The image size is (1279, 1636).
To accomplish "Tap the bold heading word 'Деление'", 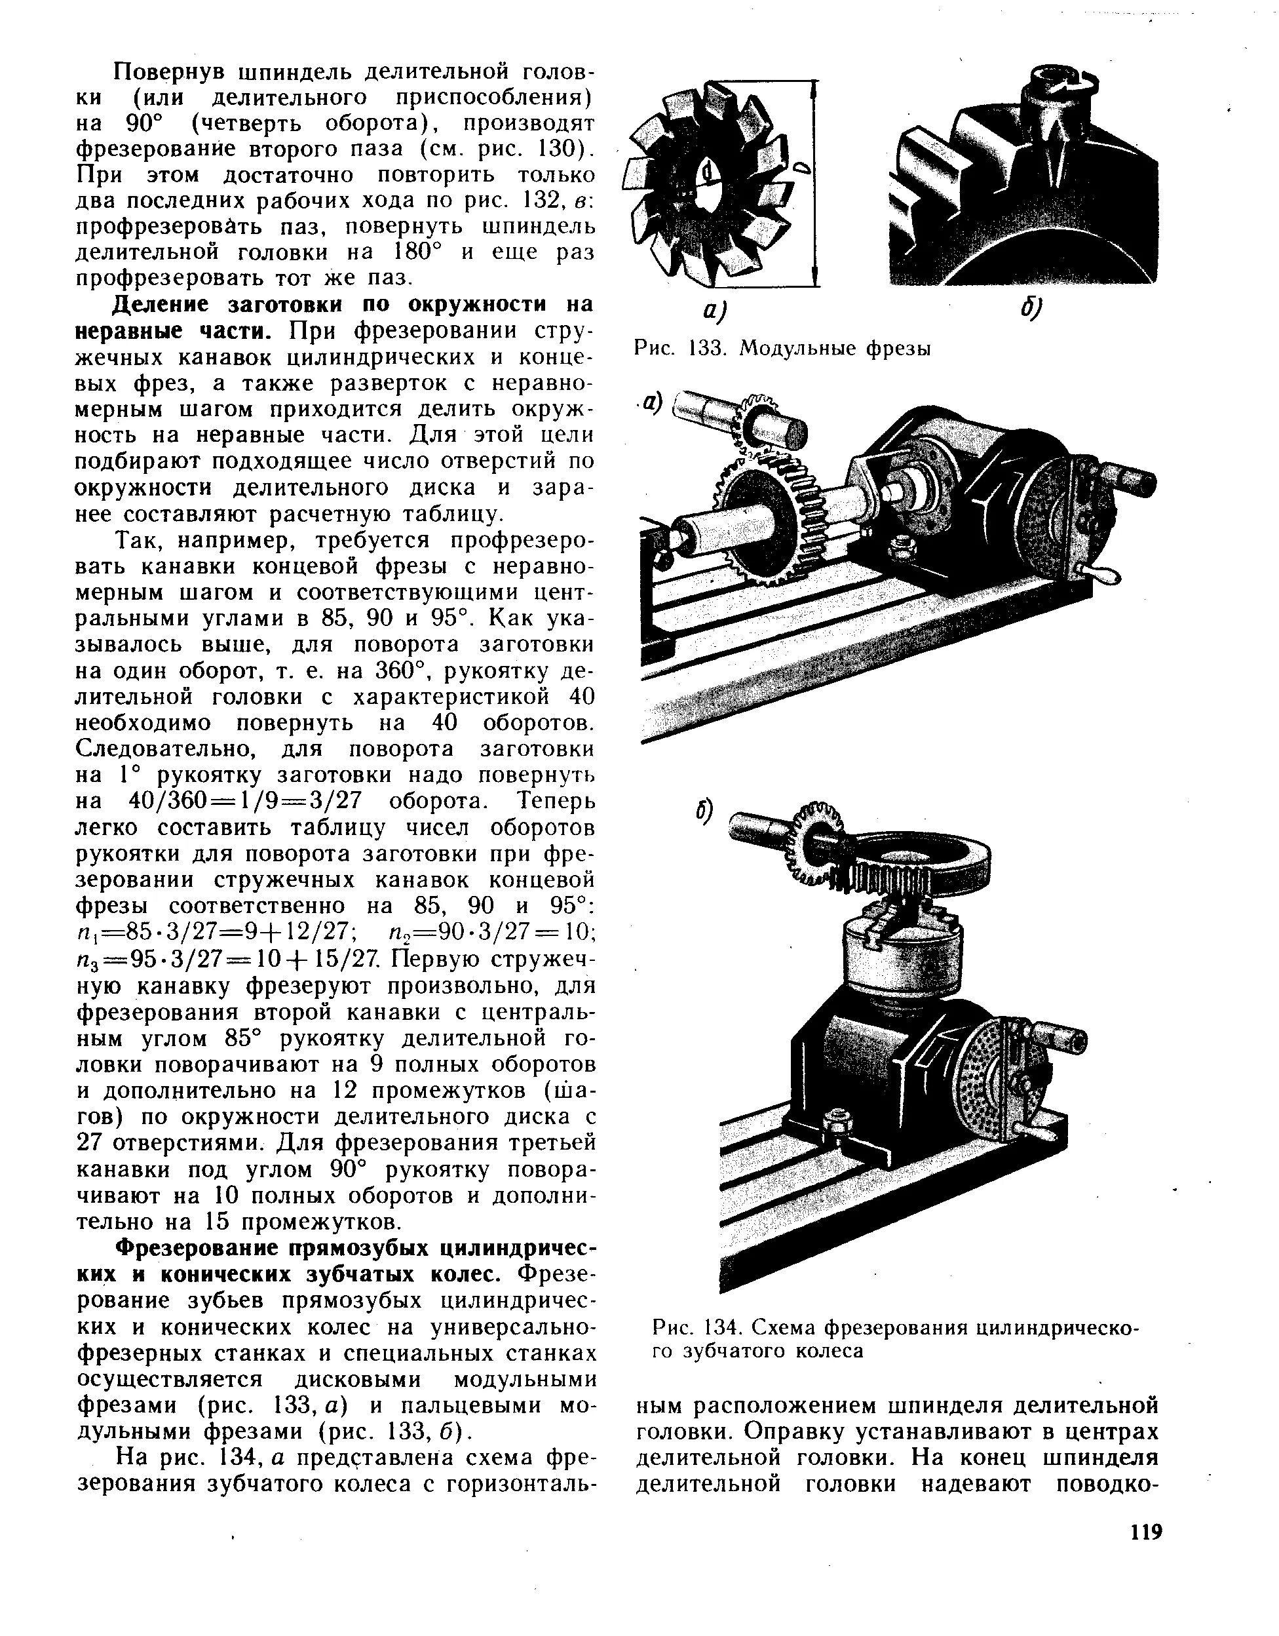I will tap(153, 305).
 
